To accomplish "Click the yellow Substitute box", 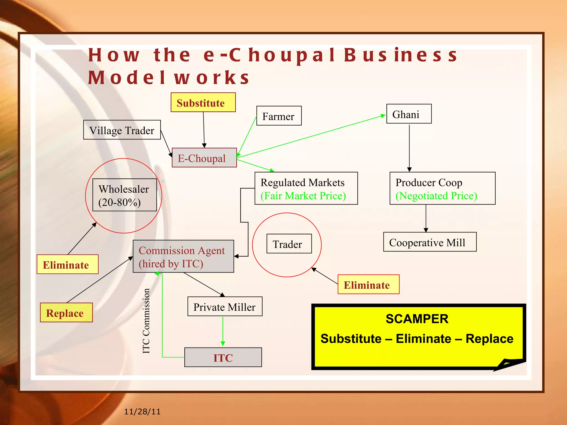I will click(x=203, y=102).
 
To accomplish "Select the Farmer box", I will click(x=279, y=116).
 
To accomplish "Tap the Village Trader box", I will click(x=122, y=130).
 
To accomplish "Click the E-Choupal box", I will click(x=204, y=158).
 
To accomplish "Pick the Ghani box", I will click(x=409, y=114).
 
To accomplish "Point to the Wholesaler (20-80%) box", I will click(x=124, y=195).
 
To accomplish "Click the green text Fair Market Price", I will click(x=303, y=196).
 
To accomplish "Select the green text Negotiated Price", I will click(x=436, y=196).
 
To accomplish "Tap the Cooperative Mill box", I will click(x=430, y=242).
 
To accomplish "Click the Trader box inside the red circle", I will click(x=289, y=244).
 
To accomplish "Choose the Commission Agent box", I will click(x=183, y=256).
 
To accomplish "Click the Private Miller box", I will click(x=225, y=307).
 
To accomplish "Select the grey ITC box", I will click(x=223, y=357).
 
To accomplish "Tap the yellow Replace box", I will click(x=66, y=313).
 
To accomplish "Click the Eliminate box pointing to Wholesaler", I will click(x=68, y=264).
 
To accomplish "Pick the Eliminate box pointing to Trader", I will click(x=368, y=284).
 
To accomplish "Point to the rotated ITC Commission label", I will click(x=146, y=321).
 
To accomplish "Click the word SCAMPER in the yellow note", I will click(x=417, y=319).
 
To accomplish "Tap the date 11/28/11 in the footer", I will click(x=142, y=412).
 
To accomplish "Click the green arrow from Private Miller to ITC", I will click(x=223, y=331).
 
